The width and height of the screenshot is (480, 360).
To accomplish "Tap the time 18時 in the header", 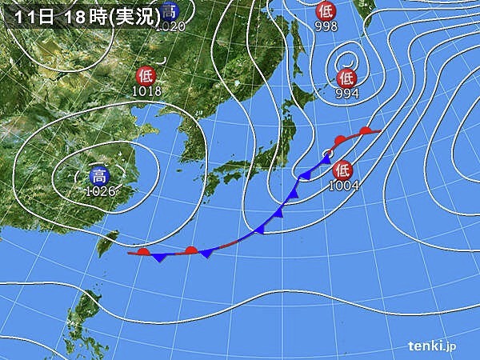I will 82,14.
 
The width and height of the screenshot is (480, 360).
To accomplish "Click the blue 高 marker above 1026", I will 98,176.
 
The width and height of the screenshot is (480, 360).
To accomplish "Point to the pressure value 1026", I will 100,191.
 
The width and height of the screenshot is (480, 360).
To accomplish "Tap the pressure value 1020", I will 169,26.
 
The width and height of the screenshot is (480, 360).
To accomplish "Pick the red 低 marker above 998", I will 326,10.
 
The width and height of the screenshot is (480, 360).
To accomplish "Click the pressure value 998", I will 326,26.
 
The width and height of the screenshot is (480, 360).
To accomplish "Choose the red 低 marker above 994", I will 346,78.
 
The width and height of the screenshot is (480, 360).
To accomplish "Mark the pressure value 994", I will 346,93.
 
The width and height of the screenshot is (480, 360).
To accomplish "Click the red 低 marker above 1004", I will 342,170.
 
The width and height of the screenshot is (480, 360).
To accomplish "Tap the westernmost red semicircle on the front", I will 143,252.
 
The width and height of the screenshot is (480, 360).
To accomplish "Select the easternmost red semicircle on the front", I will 366,130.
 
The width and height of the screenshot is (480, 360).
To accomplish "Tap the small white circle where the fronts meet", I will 327,153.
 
